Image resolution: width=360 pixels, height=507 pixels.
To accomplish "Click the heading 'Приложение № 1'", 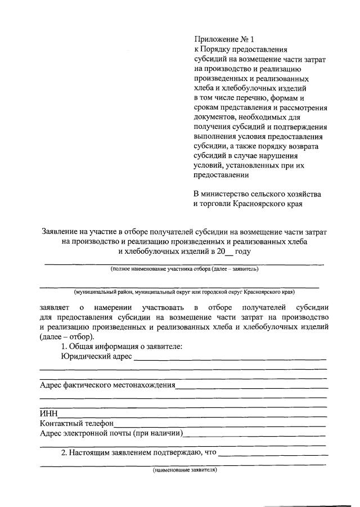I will [x=224, y=39].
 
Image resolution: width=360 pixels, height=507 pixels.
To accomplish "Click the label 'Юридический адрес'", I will [x=95, y=356].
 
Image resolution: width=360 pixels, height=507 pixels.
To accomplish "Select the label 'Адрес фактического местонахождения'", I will [x=107, y=385].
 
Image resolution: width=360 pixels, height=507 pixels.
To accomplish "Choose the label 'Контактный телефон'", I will [x=77, y=423].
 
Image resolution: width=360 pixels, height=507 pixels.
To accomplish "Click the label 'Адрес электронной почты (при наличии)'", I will [x=111, y=433].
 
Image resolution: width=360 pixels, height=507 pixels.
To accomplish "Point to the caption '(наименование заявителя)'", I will [x=184, y=469].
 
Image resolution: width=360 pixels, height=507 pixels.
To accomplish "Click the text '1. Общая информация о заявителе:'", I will [x=121, y=347].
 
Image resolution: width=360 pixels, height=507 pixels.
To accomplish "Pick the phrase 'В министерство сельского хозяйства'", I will [x=257, y=194].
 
